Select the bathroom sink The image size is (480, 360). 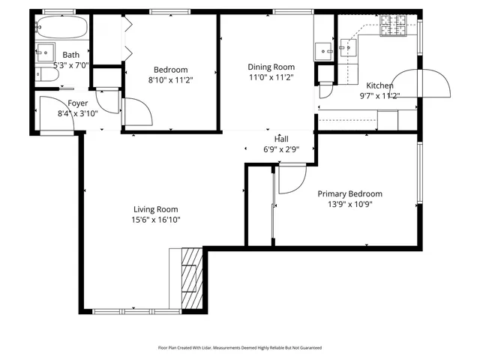(x=44, y=52)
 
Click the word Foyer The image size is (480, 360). (x=78, y=103)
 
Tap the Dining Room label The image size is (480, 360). (x=271, y=67)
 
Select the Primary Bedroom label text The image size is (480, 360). (x=349, y=193)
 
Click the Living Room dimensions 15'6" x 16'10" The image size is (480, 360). (x=155, y=220)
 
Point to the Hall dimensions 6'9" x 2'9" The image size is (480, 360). (x=281, y=149)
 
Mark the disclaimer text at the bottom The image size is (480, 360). (x=239, y=347)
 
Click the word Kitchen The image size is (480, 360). (x=379, y=85)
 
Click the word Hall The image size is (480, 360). (x=281, y=139)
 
